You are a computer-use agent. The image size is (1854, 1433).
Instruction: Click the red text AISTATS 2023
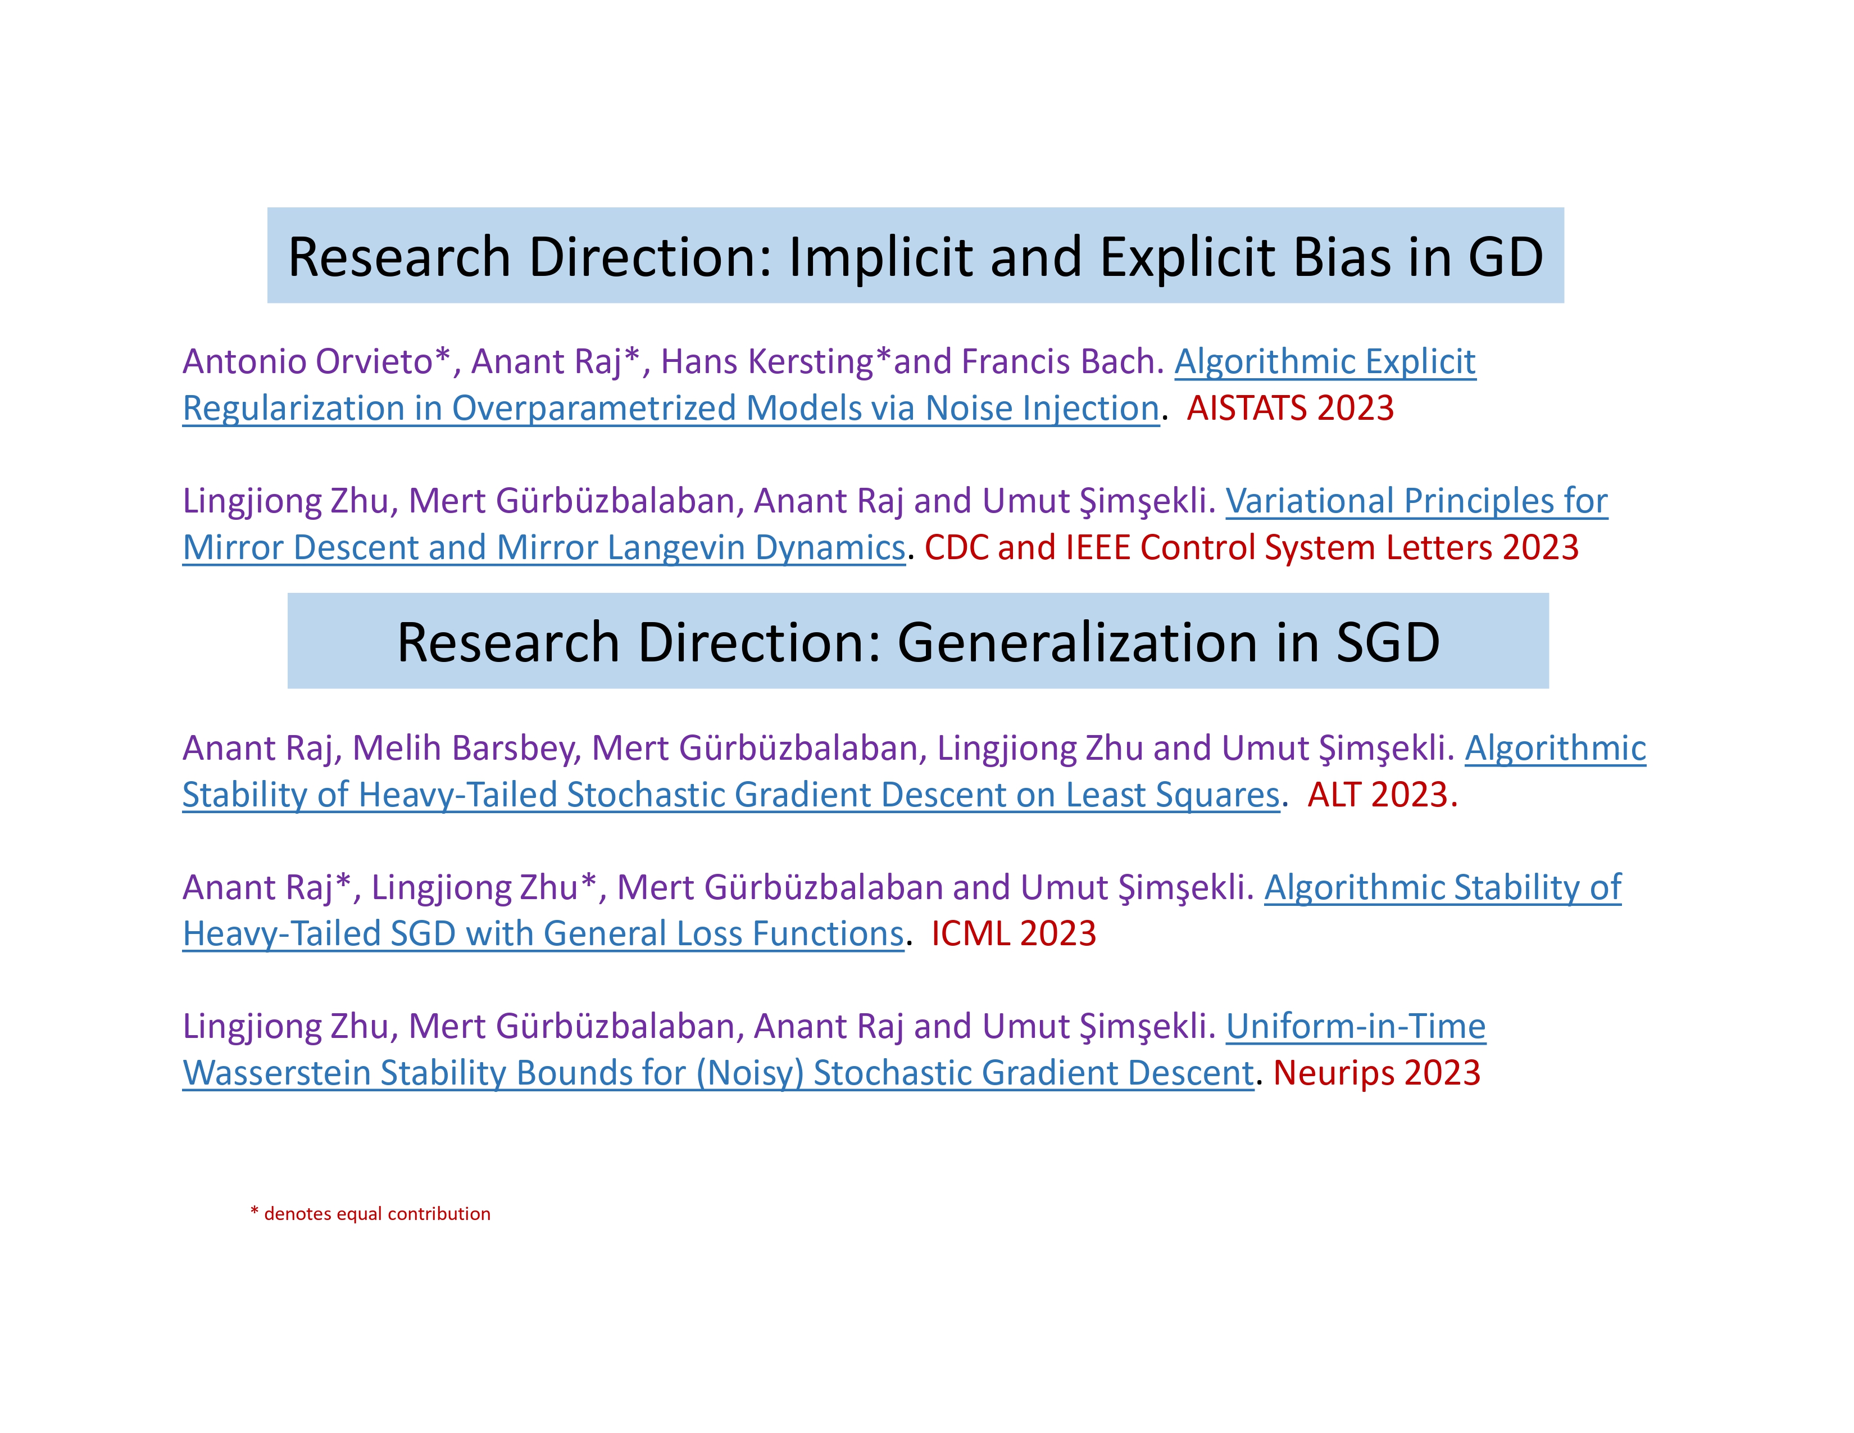(x=1290, y=409)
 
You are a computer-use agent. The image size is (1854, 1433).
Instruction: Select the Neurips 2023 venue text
(x=1377, y=1073)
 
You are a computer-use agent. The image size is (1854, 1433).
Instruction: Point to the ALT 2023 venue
(x=1382, y=795)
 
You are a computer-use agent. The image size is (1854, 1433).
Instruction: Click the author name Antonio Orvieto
(x=307, y=362)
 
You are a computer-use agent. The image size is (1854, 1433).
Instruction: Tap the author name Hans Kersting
(x=766, y=362)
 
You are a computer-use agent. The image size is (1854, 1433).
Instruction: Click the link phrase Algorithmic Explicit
(x=1325, y=362)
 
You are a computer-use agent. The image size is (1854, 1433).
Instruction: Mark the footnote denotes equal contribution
(x=377, y=1214)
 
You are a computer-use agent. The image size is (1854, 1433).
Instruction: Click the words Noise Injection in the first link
(x=1042, y=409)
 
